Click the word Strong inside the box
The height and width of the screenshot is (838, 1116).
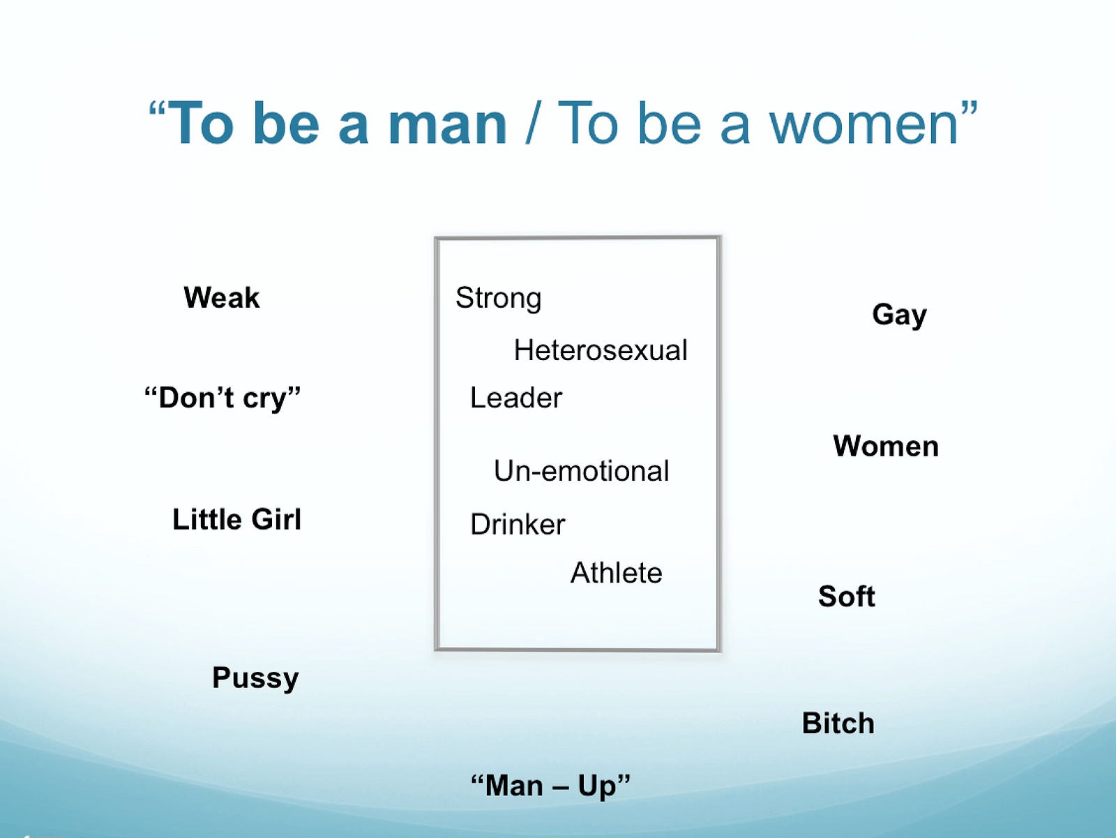click(x=498, y=299)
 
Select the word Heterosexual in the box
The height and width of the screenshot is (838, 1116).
click(x=601, y=350)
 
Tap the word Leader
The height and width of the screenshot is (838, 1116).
click(x=516, y=398)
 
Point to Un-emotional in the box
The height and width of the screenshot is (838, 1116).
click(x=581, y=470)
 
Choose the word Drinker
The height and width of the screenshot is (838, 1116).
click(x=518, y=524)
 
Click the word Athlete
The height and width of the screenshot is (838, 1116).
click(x=616, y=573)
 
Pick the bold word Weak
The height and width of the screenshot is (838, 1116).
click(x=222, y=297)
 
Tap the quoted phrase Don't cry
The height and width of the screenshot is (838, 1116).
click(x=223, y=398)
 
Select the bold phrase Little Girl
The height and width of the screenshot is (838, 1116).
click(x=237, y=519)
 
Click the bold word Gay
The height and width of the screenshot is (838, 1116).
click(x=899, y=315)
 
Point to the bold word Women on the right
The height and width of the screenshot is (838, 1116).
click(x=886, y=447)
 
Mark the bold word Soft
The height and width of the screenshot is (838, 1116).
click(x=847, y=596)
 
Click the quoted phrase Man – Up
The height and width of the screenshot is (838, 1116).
click(x=550, y=786)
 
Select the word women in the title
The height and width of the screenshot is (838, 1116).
click(x=864, y=125)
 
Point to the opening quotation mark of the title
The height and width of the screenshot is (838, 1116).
click(x=157, y=110)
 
